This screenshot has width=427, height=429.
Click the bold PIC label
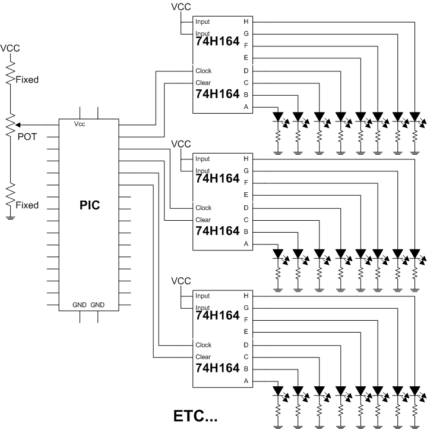[x=90, y=205]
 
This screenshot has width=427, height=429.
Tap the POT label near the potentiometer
[x=27, y=137]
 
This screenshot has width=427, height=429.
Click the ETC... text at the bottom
[x=195, y=416]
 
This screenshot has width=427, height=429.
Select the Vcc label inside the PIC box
[x=80, y=124]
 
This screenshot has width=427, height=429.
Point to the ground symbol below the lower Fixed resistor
[x=10, y=218]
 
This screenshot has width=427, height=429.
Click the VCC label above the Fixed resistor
[x=10, y=48]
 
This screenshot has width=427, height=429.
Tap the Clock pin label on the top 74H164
[x=203, y=71]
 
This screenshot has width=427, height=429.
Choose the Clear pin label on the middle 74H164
[x=203, y=220]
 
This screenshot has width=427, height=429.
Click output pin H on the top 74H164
[x=246, y=21]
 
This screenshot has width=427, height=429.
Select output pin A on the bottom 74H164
[x=246, y=381]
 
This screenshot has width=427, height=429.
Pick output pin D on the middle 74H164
[x=246, y=208]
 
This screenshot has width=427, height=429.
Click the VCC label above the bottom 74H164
[x=181, y=281]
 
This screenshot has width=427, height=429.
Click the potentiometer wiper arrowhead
[x=18, y=125]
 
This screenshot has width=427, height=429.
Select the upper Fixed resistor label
[x=27, y=80]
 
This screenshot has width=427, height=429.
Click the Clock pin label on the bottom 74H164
[x=203, y=345]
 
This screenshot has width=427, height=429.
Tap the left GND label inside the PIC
[x=80, y=305]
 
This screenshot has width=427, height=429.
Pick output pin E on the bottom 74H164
[x=246, y=332]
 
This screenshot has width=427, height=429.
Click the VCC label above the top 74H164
[x=181, y=7]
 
